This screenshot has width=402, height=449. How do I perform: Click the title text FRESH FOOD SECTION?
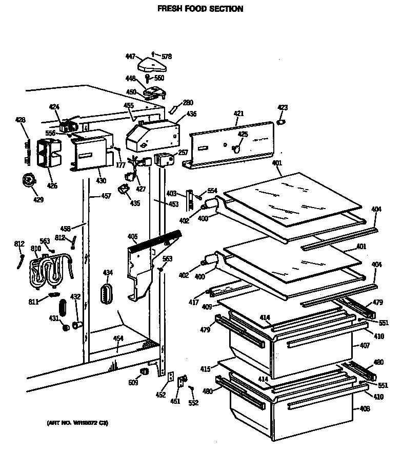(200, 9)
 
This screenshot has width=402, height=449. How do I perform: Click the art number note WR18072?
(77, 423)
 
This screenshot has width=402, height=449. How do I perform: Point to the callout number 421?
(238, 114)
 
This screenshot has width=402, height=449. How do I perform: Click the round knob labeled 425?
(236, 148)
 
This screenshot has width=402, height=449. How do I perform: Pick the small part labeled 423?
(281, 122)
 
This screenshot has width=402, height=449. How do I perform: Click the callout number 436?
(191, 114)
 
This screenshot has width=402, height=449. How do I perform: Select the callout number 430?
(101, 180)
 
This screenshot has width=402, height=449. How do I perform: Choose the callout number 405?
(132, 236)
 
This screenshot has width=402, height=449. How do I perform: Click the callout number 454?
(118, 338)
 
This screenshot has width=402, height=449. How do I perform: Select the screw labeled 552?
(192, 389)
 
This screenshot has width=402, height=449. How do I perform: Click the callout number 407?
(364, 345)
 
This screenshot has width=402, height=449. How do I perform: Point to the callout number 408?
(364, 409)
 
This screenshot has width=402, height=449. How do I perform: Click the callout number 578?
(167, 56)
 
